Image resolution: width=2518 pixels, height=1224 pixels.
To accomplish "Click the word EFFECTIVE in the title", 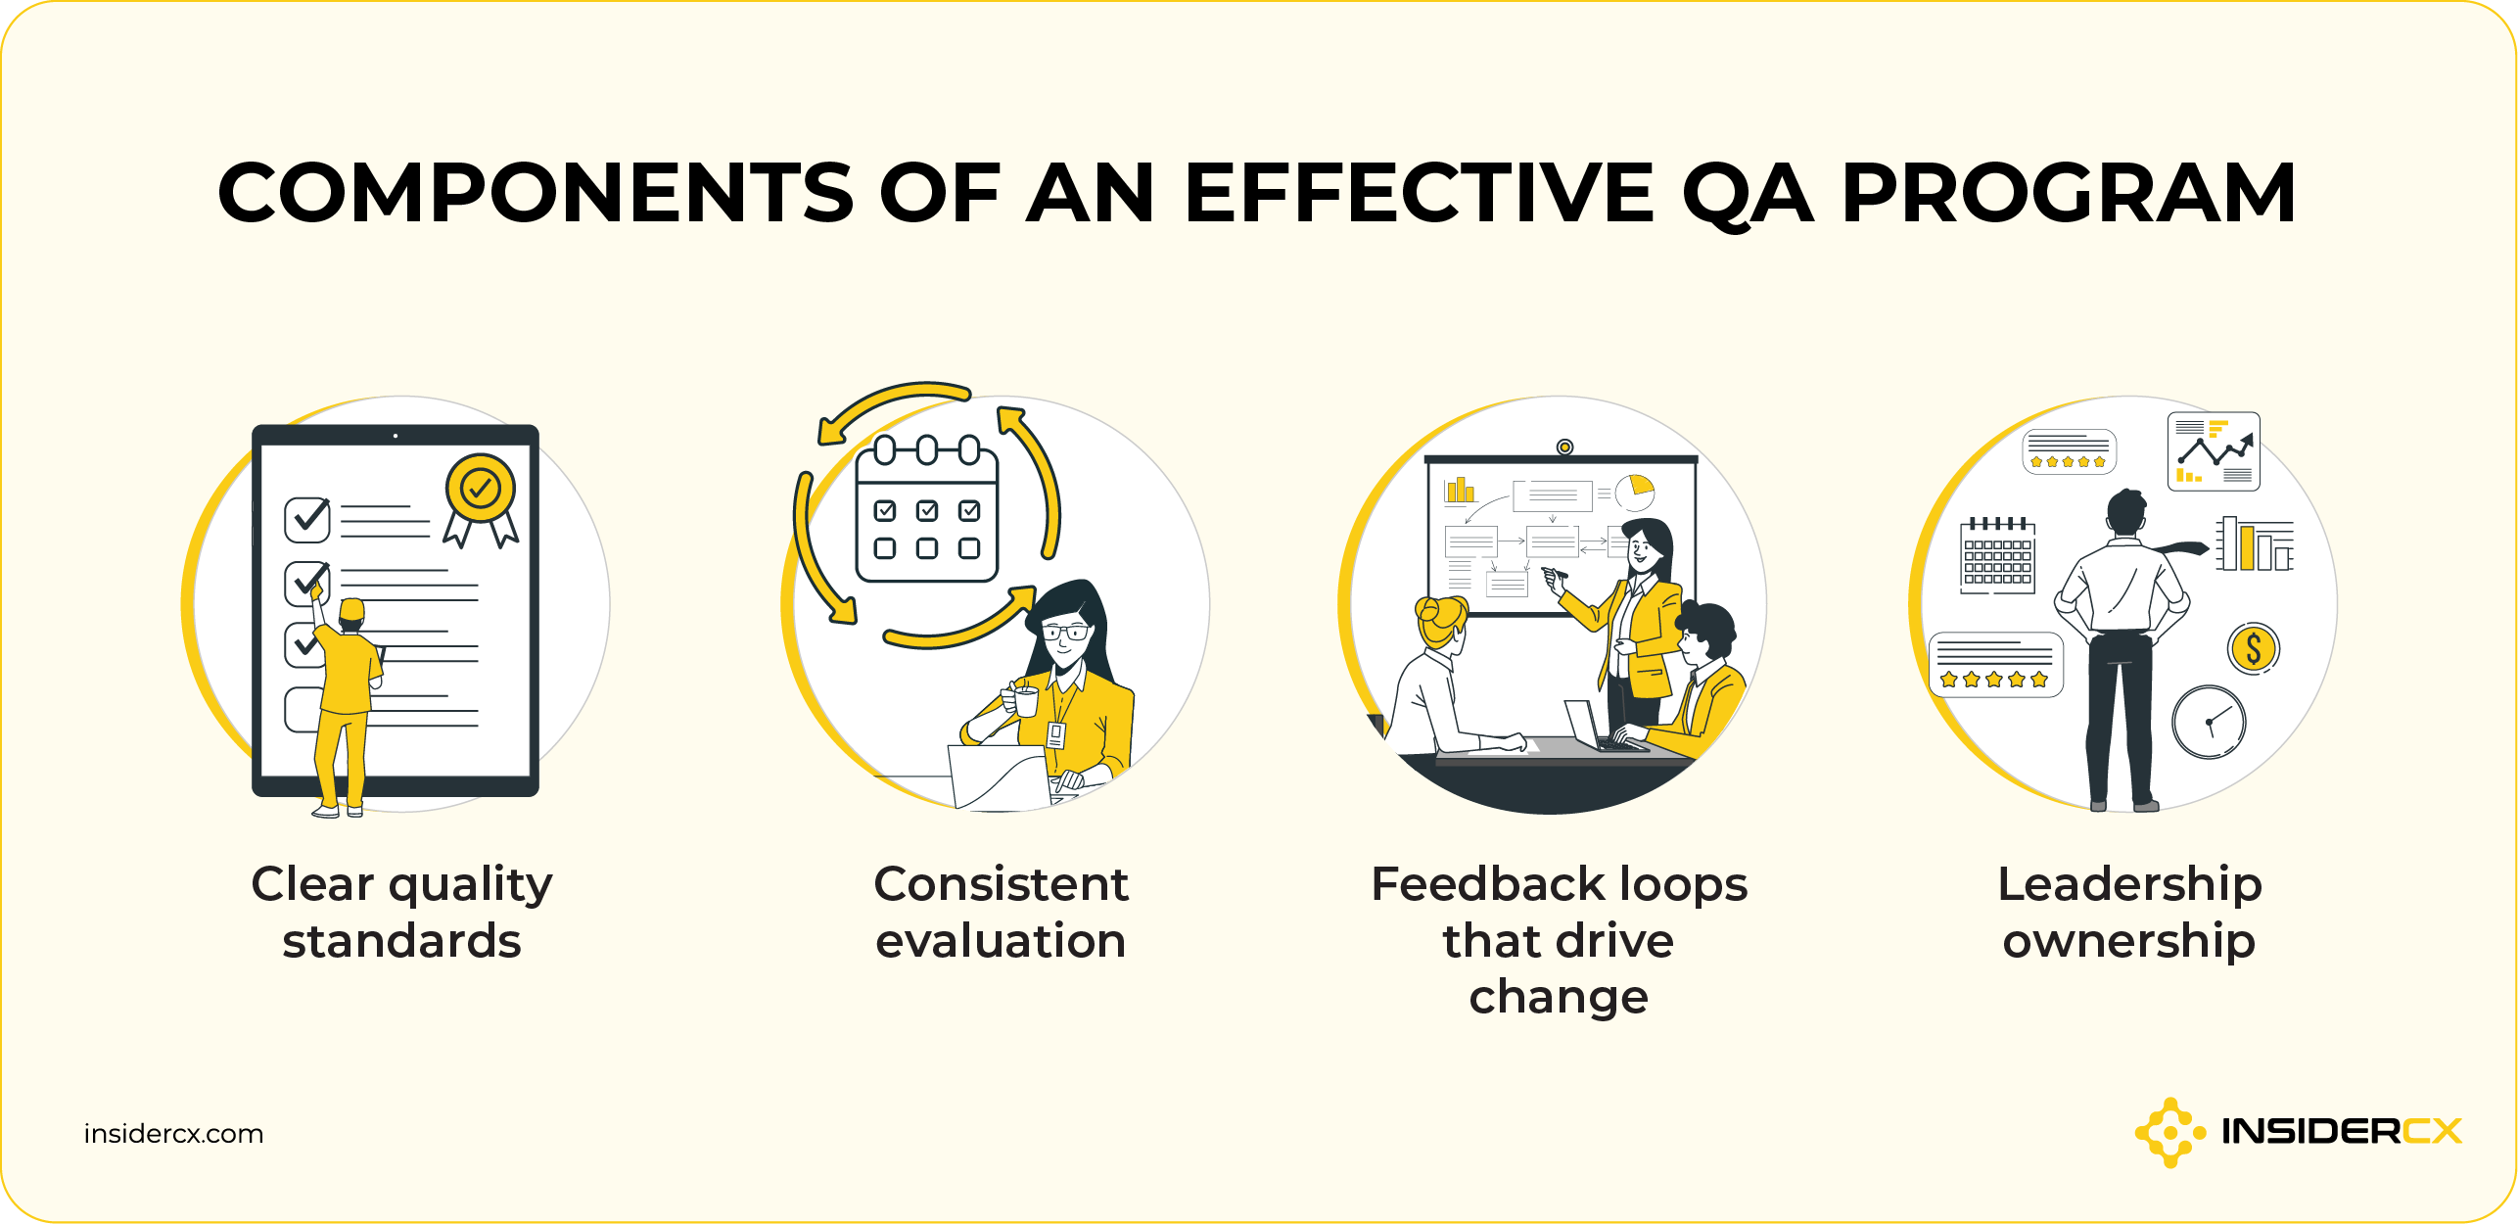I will [1419, 193].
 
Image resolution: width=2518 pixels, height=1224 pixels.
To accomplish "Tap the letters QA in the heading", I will [1747, 195].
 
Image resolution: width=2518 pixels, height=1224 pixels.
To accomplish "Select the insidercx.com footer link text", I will [173, 1134].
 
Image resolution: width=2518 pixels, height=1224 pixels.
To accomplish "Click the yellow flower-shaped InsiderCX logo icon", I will [2168, 1132].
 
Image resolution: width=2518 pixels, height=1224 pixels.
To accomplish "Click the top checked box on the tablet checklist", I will [307, 519].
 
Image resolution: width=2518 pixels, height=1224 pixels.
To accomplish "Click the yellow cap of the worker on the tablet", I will [351, 611].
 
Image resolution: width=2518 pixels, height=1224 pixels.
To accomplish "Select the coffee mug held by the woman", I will [1024, 700].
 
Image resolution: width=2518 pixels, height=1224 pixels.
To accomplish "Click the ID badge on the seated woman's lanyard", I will [1056, 734].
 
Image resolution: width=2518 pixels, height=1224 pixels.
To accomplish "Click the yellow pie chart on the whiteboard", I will [1634, 492].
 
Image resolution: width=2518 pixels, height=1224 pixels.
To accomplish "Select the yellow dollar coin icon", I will [2253, 648].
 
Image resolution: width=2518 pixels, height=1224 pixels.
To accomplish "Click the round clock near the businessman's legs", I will [2209, 722].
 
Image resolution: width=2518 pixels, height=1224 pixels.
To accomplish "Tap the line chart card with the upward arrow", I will [2214, 451].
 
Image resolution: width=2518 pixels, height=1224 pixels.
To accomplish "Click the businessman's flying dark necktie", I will [2178, 549].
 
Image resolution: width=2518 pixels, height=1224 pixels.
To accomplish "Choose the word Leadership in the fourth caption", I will [2129, 884].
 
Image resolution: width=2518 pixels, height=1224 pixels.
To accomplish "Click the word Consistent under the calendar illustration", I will [1001, 884].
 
